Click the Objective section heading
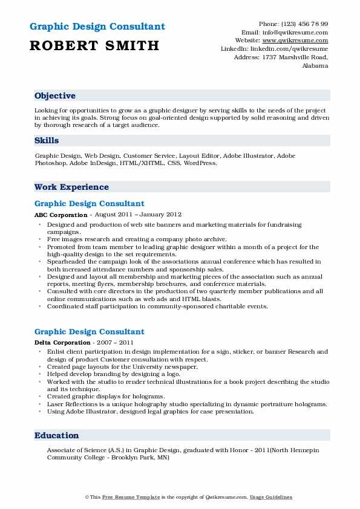(x=55, y=96)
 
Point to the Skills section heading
(x=47, y=141)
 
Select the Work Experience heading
(x=71, y=187)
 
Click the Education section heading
(x=56, y=435)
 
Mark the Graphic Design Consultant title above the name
(x=97, y=27)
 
